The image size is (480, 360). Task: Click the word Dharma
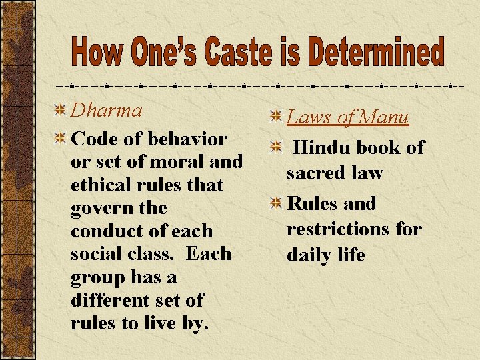click(x=106, y=110)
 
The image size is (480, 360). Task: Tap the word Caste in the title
click(x=235, y=53)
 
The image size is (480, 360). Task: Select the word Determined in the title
click(x=379, y=53)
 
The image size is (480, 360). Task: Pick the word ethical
click(x=103, y=185)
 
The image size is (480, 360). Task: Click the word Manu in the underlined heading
click(x=383, y=118)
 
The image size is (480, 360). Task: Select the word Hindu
click(x=323, y=147)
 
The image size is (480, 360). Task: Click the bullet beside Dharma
click(x=60, y=109)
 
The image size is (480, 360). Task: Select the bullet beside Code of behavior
click(x=60, y=139)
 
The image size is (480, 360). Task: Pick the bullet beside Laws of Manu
click(x=275, y=117)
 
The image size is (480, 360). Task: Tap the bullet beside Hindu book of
click(x=275, y=147)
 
